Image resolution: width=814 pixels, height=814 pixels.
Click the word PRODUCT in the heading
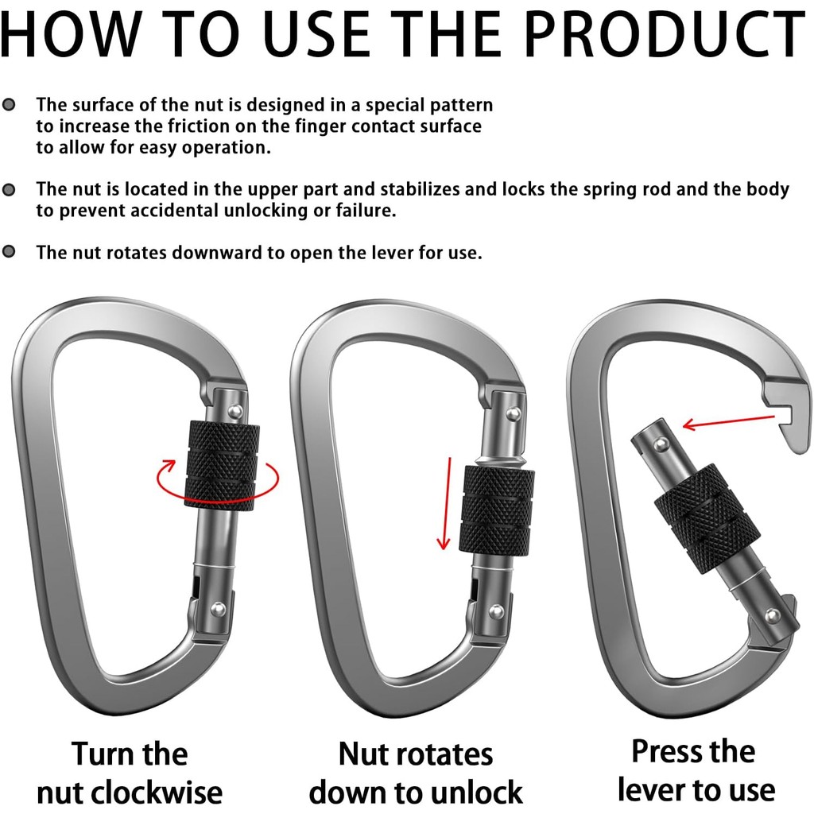[x=665, y=34]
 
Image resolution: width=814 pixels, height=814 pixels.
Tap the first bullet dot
[x=9, y=105]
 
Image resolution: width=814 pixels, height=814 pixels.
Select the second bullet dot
[x=9, y=189]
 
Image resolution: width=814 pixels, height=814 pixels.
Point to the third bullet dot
[x=9, y=252]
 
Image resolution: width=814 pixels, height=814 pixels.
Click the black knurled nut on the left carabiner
[x=223, y=463]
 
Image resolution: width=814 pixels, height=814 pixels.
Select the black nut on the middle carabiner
[x=497, y=510]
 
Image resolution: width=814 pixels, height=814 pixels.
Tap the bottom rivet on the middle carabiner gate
[x=497, y=610]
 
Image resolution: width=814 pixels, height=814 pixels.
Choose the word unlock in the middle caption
[x=469, y=793]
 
